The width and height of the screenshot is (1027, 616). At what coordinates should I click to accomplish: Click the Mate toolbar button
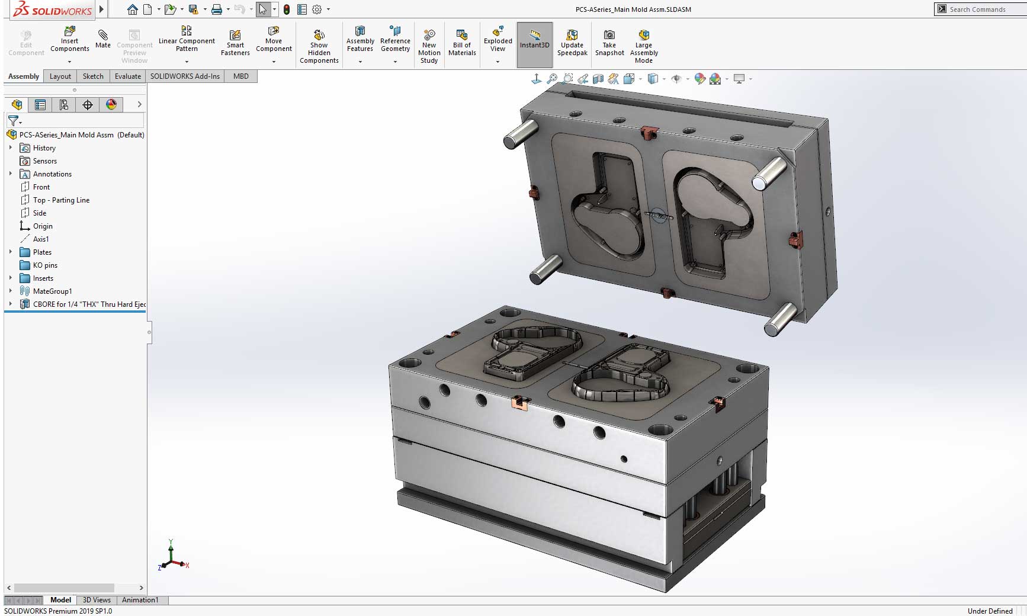[x=103, y=39]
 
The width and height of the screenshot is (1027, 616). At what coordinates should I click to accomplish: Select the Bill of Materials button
[x=462, y=42]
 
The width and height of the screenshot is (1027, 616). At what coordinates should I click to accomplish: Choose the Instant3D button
[x=534, y=39]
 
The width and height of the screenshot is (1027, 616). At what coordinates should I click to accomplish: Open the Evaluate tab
[x=128, y=76]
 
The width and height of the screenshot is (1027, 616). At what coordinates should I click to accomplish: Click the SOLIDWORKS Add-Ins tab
[x=185, y=76]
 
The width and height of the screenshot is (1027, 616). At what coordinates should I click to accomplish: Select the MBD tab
[x=241, y=76]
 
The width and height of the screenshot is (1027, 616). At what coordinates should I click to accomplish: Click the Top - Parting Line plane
[x=61, y=200]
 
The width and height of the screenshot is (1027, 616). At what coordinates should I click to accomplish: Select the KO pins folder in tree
[x=45, y=265]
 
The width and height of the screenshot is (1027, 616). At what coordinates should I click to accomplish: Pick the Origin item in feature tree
[x=43, y=226]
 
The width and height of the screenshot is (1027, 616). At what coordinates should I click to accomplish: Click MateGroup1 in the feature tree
[x=52, y=291]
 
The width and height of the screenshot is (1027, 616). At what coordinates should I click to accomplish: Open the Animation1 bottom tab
[x=140, y=600]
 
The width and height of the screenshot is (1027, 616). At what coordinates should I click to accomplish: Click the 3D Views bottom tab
[x=97, y=600]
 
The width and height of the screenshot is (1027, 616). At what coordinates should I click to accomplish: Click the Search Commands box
[x=983, y=9]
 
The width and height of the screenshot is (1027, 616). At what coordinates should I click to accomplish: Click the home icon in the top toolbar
[x=133, y=9]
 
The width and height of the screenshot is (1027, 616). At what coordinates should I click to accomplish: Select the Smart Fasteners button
[x=235, y=43]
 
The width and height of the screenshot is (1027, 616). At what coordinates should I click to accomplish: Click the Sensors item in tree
[x=45, y=161]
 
